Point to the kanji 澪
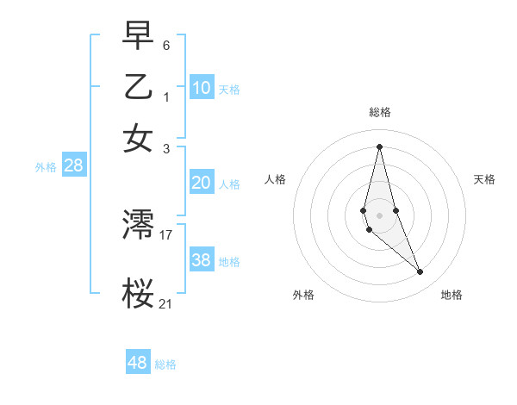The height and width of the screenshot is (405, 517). (x=139, y=226)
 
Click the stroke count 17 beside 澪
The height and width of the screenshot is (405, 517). (x=166, y=234)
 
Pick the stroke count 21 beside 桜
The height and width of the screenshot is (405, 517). (x=166, y=302)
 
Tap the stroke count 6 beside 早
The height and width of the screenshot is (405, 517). (x=166, y=44)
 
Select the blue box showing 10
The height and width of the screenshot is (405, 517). (x=202, y=88)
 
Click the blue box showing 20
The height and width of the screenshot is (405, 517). (x=202, y=183)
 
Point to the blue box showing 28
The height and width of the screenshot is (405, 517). (x=73, y=166)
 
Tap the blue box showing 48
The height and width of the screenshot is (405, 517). (x=138, y=363)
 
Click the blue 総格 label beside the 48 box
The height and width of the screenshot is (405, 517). (x=165, y=364)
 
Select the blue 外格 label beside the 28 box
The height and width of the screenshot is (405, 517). (x=45, y=168)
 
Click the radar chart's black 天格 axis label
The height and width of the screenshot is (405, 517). (x=484, y=179)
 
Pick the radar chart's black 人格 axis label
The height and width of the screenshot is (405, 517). (x=275, y=179)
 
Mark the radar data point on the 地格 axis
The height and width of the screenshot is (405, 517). (x=420, y=272)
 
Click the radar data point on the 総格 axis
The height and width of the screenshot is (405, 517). (x=379, y=146)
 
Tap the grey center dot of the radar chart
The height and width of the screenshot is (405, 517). (x=379, y=215)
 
